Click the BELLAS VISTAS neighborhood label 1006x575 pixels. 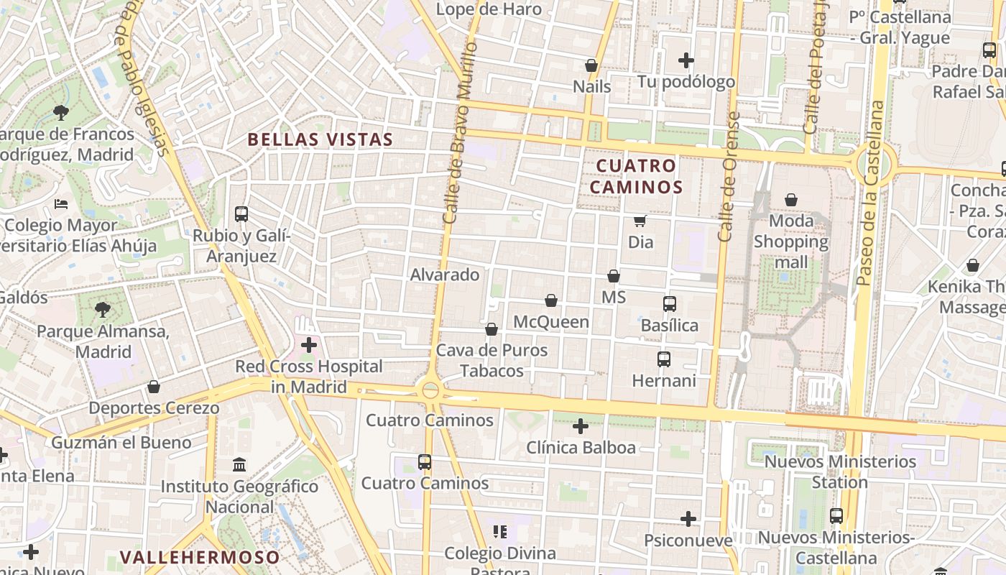tap(320, 139)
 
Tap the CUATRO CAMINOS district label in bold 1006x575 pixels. tap(639, 176)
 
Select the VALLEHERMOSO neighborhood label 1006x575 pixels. tap(200, 557)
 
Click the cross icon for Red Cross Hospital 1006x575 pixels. tap(309, 345)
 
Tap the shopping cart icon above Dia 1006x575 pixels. tap(640, 221)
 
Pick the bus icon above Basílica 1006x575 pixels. tap(670, 304)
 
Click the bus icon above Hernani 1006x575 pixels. tap(664, 359)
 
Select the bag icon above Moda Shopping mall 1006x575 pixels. tap(791, 199)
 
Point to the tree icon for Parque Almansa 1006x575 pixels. tap(103, 310)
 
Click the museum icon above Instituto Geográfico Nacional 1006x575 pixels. tap(239, 465)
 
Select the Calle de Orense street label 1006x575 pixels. tap(729, 176)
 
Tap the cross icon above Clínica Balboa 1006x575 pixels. tap(581, 426)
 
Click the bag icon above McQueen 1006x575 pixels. tap(551, 300)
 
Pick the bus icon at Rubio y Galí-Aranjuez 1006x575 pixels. tap(241, 214)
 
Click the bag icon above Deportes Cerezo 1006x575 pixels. tap(154, 387)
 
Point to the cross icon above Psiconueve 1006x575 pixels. tap(688, 518)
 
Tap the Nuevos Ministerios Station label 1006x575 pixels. tap(840, 471)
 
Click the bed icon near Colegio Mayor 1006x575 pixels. tap(61, 204)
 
